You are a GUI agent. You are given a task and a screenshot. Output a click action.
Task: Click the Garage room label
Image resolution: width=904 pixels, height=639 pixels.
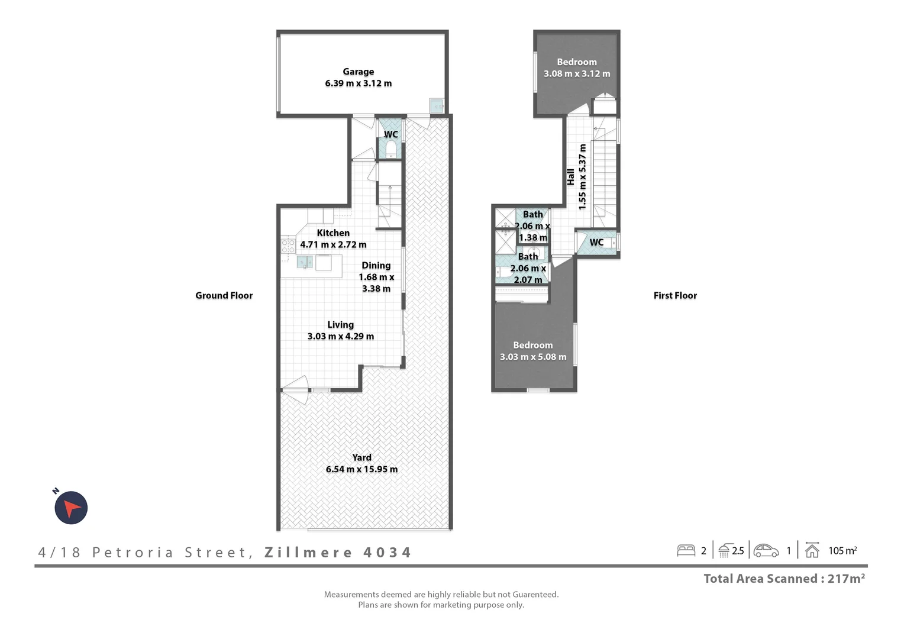(x=358, y=72)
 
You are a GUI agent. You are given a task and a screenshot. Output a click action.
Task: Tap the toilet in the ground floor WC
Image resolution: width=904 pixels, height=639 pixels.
(x=390, y=149)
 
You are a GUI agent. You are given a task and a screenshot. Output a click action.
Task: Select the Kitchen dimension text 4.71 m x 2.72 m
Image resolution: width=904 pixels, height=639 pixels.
(x=333, y=244)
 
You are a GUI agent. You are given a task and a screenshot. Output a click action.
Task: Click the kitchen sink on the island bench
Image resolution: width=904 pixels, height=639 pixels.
(x=305, y=262)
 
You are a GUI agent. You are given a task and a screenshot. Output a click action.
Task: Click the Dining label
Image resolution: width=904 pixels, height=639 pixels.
(x=376, y=266)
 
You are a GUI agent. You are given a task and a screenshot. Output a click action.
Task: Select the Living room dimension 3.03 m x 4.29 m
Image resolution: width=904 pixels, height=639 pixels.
(x=340, y=336)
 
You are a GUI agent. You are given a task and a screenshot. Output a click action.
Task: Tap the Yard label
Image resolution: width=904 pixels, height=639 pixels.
(x=361, y=457)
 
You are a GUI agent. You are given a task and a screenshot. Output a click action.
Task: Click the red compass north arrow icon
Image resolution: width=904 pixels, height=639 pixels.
(x=71, y=508)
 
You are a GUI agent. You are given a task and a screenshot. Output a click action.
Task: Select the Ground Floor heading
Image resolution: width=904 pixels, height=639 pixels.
(x=224, y=295)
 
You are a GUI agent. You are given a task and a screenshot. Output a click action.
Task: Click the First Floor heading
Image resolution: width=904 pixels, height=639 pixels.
(x=675, y=295)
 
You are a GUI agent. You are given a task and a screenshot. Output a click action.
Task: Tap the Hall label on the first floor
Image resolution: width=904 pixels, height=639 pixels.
(x=570, y=176)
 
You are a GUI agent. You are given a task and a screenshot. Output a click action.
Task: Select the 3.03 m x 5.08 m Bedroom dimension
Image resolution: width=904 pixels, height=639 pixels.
(x=533, y=357)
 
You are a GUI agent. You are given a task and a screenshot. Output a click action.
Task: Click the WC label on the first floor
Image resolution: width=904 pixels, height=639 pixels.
(x=596, y=243)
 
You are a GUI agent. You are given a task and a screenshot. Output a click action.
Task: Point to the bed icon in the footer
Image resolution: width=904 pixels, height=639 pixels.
(x=686, y=551)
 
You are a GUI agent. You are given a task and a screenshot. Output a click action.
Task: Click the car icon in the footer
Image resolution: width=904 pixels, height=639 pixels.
(x=766, y=551)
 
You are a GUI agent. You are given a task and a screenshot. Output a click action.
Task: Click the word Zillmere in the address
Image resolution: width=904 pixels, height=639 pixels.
(x=308, y=553)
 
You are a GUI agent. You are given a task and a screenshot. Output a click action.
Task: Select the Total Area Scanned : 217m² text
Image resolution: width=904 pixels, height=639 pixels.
(x=784, y=579)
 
